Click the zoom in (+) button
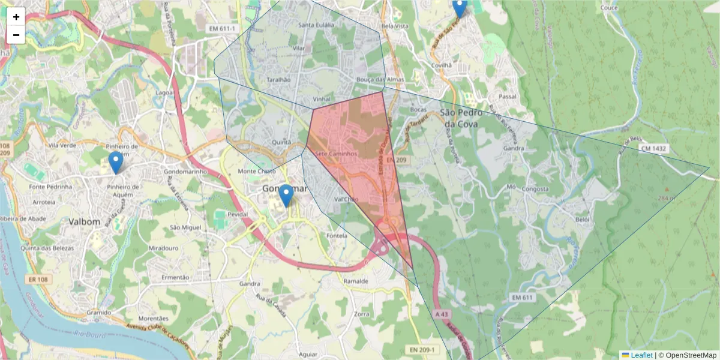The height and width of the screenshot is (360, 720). pyautogui.click(x=16, y=17)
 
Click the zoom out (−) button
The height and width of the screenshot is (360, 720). pyautogui.click(x=16, y=35)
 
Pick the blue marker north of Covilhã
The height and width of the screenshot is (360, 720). pyautogui.click(x=459, y=8)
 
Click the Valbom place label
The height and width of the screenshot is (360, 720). pyautogui.click(x=84, y=221)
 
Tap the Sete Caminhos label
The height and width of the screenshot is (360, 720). pyautogui.click(x=336, y=154)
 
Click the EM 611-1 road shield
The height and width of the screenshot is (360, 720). pyautogui.click(x=221, y=28)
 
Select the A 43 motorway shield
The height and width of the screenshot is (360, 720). pyautogui.click(x=442, y=314)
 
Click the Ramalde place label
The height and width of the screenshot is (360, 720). pyautogui.click(x=356, y=280)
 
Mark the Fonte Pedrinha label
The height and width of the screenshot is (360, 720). pyautogui.click(x=50, y=187)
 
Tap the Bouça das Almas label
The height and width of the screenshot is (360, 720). pyautogui.click(x=380, y=80)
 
